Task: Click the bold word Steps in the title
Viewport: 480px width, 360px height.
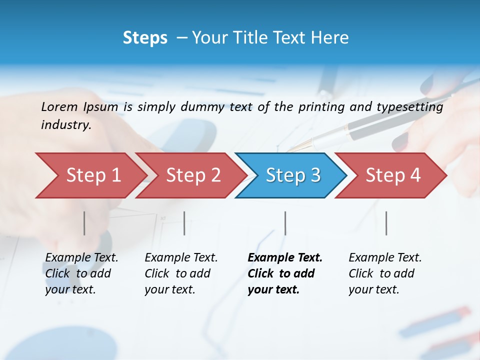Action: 145,38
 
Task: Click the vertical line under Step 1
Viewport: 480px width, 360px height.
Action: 84,223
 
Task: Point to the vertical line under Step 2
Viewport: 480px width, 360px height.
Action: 184,223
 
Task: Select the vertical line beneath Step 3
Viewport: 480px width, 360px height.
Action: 285,223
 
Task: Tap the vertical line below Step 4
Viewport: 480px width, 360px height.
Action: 386,223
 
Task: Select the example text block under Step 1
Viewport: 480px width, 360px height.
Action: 81,273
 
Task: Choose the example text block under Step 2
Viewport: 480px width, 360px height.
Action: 180,273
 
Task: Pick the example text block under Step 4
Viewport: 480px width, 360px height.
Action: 384,273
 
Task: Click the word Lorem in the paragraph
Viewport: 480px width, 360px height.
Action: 59,107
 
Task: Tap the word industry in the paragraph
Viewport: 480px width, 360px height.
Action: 65,125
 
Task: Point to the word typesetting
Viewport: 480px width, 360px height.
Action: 409,107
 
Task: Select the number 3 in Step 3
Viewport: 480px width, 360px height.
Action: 315,175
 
